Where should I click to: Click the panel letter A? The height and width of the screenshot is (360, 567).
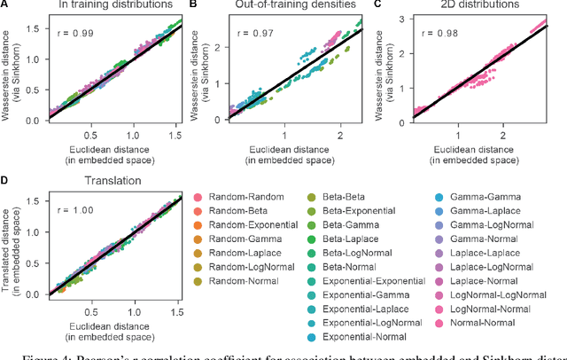pyautogui.click(x=5, y=6)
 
